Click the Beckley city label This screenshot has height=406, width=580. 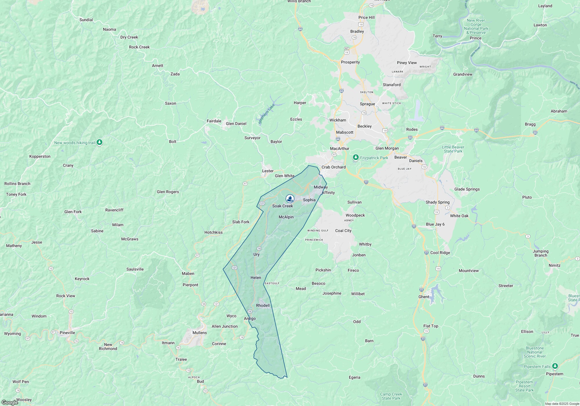point(365,126)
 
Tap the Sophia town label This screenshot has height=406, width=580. point(309,200)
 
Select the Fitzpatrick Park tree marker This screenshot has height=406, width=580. point(356,157)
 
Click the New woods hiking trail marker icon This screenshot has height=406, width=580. point(99,142)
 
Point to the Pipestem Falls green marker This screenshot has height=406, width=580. point(555,366)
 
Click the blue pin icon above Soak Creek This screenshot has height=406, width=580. point(290,198)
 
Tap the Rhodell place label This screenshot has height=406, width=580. point(263,305)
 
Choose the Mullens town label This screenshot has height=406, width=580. point(200,333)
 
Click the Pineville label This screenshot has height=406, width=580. point(67,333)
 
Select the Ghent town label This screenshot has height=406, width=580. point(424,297)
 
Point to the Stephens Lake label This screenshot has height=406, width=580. point(266,114)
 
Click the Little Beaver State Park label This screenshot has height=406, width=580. point(453,149)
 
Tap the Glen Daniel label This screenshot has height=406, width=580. point(236,124)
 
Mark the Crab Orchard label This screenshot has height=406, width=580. point(333,167)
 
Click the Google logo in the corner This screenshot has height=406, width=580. point(10,403)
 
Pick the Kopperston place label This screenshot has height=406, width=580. point(40,156)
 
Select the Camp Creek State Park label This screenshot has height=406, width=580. point(391,396)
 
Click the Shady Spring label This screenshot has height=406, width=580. point(438,202)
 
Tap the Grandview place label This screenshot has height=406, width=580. point(463,74)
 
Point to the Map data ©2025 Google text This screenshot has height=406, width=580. point(562,404)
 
